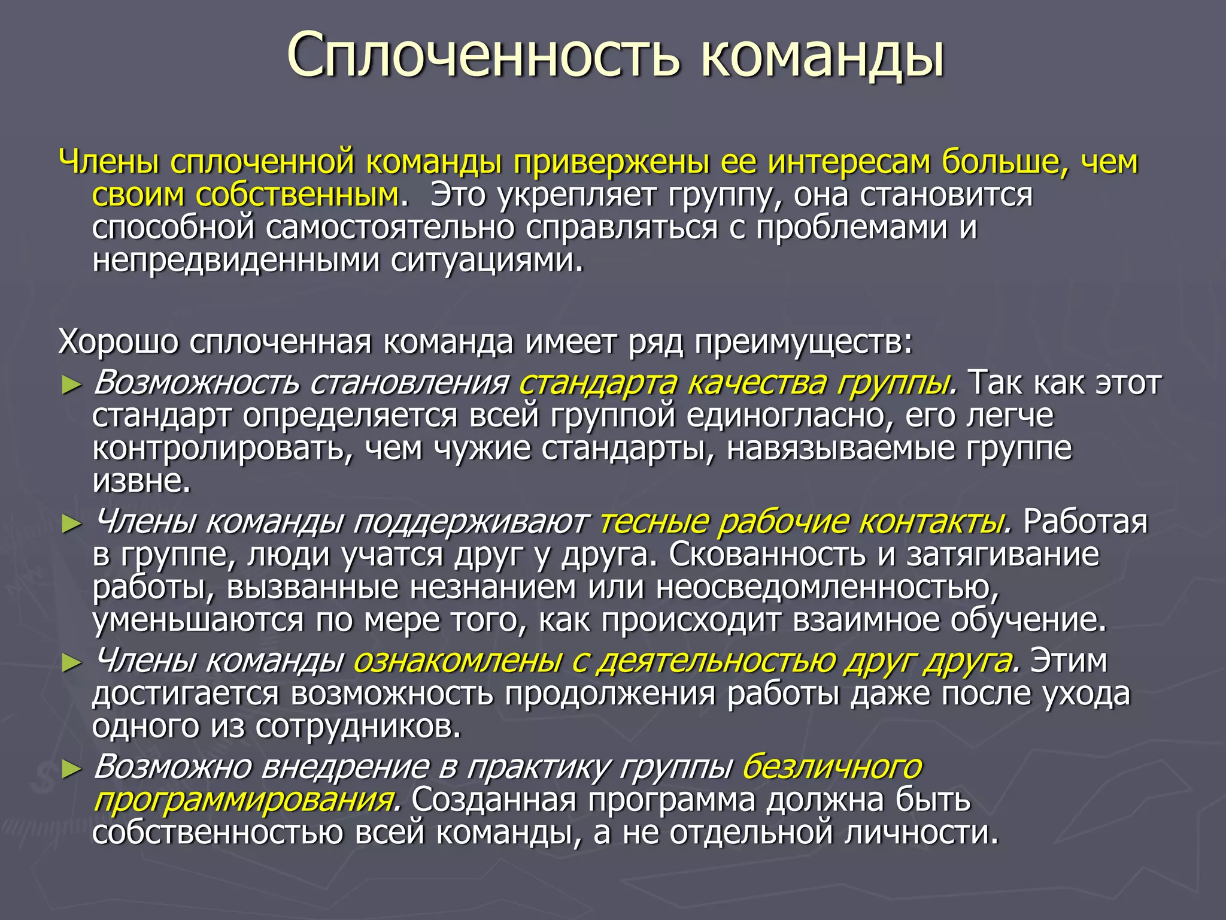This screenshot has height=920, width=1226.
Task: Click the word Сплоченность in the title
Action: (482, 56)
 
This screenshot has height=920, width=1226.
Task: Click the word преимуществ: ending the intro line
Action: (803, 342)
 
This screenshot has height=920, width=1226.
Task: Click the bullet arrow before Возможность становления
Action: (71, 385)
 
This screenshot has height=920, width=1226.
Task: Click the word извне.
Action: (141, 480)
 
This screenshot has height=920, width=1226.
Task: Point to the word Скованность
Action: (767, 555)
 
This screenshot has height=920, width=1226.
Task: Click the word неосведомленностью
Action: (828, 588)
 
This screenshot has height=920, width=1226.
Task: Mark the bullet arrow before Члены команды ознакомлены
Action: (71, 663)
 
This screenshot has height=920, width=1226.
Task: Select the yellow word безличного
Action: (832, 767)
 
